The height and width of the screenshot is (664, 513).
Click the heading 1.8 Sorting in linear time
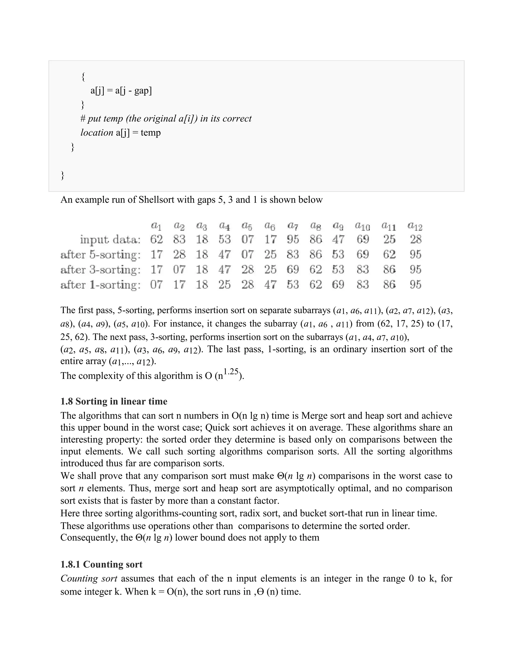114,401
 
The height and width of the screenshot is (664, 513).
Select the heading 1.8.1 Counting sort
101,564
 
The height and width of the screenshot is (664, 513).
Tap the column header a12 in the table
415,226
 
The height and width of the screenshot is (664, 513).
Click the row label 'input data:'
110,240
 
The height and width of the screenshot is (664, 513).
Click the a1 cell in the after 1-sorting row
156,285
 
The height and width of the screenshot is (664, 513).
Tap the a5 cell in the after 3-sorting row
247,269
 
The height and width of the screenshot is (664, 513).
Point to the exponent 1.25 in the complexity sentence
231,372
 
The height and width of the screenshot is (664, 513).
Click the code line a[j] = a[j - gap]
121,91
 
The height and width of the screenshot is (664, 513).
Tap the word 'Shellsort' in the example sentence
157,200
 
